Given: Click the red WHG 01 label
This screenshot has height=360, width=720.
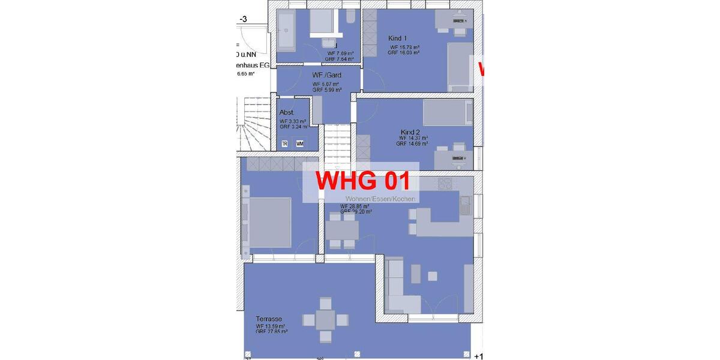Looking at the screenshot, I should tap(362, 181).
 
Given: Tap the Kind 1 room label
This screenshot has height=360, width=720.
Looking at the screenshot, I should tap(398, 38).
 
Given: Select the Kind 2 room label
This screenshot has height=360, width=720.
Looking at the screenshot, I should tap(410, 132).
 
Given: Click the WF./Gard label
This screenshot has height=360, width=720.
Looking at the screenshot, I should tap(326, 75).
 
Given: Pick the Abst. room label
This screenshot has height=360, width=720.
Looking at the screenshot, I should tap(287, 113).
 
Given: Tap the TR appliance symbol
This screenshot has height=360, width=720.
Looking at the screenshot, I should tap(285, 144).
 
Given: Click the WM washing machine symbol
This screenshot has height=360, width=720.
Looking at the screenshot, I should tap(299, 144).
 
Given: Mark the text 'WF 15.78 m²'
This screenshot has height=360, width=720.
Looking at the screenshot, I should tap(404, 47).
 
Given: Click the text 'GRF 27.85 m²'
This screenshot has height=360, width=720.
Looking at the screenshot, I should tap(271, 331).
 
